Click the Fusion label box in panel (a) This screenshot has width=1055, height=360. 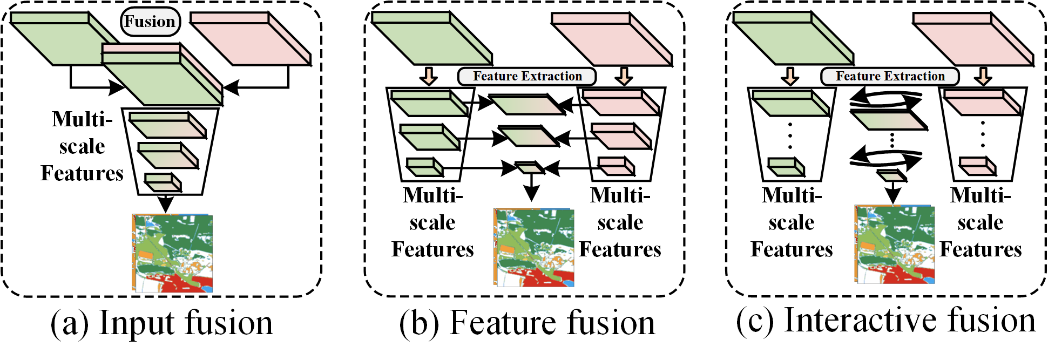pos(150,22)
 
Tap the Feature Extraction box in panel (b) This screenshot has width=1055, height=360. pos(527,76)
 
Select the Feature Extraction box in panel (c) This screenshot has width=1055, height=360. pos(890,76)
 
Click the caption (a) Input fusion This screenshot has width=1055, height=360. pos(161,323)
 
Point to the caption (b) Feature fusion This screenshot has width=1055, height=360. pos(527,323)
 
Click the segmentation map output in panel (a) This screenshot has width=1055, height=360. pos(172,253)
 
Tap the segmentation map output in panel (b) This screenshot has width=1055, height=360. pos(533,247)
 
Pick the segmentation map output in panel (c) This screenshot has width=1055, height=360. pos(894,244)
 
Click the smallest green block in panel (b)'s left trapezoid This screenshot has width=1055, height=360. pos(424,167)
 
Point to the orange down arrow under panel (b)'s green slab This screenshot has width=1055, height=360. pos(429,76)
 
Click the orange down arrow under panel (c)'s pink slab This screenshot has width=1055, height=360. pos(983,76)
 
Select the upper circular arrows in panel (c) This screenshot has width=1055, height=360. pos(886,99)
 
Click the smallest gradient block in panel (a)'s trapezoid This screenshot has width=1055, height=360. pos(163,182)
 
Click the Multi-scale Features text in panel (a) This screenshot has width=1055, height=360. pos(82,146)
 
